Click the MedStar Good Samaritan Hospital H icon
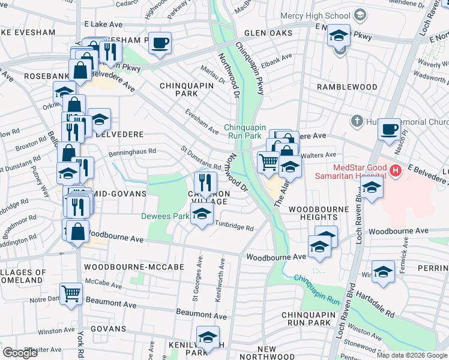(395, 171)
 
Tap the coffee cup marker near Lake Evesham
(160, 43)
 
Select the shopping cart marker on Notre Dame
(71, 294)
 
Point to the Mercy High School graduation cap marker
(339, 37)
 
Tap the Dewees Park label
(164, 216)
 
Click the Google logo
(20, 353)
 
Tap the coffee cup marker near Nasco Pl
(389, 129)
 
